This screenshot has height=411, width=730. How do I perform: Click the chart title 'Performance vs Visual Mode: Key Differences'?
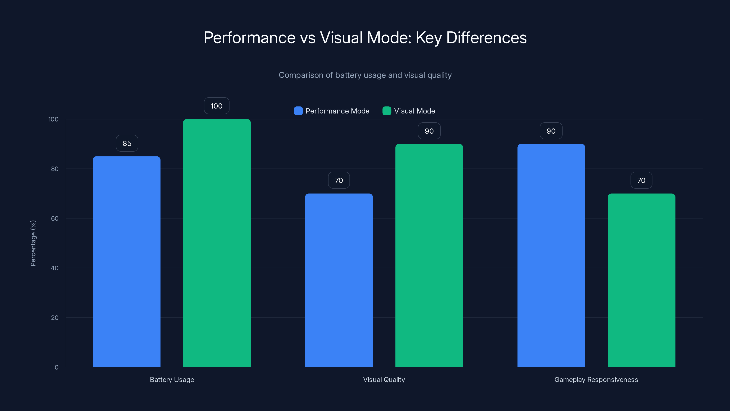(365, 37)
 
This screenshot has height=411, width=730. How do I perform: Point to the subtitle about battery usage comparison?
(365, 75)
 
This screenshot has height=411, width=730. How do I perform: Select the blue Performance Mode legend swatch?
(298, 111)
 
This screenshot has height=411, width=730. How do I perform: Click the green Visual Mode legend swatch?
(386, 111)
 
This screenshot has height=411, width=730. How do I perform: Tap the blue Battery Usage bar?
(127, 261)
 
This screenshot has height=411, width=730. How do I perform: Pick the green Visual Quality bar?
(429, 255)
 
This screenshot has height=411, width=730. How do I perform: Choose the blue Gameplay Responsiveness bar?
(551, 255)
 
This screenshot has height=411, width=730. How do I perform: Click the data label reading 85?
(127, 144)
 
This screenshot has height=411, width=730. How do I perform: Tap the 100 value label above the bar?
(216, 106)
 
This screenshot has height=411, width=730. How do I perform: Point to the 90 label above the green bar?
(429, 131)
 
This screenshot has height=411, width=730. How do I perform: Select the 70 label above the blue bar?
(339, 180)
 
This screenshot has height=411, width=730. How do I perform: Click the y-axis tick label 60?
(55, 219)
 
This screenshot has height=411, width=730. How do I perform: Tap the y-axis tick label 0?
(57, 367)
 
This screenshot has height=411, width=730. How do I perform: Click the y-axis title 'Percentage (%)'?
(33, 243)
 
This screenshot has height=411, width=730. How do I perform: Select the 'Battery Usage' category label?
(172, 379)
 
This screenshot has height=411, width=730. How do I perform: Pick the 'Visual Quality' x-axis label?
(384, 379)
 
